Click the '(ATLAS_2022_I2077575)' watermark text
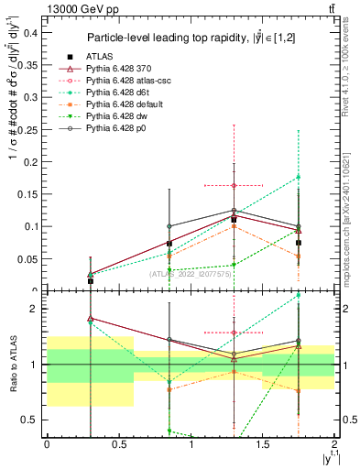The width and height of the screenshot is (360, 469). [190, 273]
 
